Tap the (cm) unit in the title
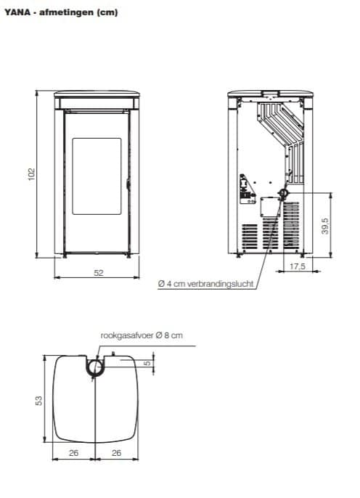coord(106,13)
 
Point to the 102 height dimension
coord(31,174)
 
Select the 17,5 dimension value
coord(298,267)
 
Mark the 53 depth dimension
coord(40,400)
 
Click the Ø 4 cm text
coord(171,285)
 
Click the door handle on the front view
coord(128,184)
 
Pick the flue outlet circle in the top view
coord(94,367)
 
